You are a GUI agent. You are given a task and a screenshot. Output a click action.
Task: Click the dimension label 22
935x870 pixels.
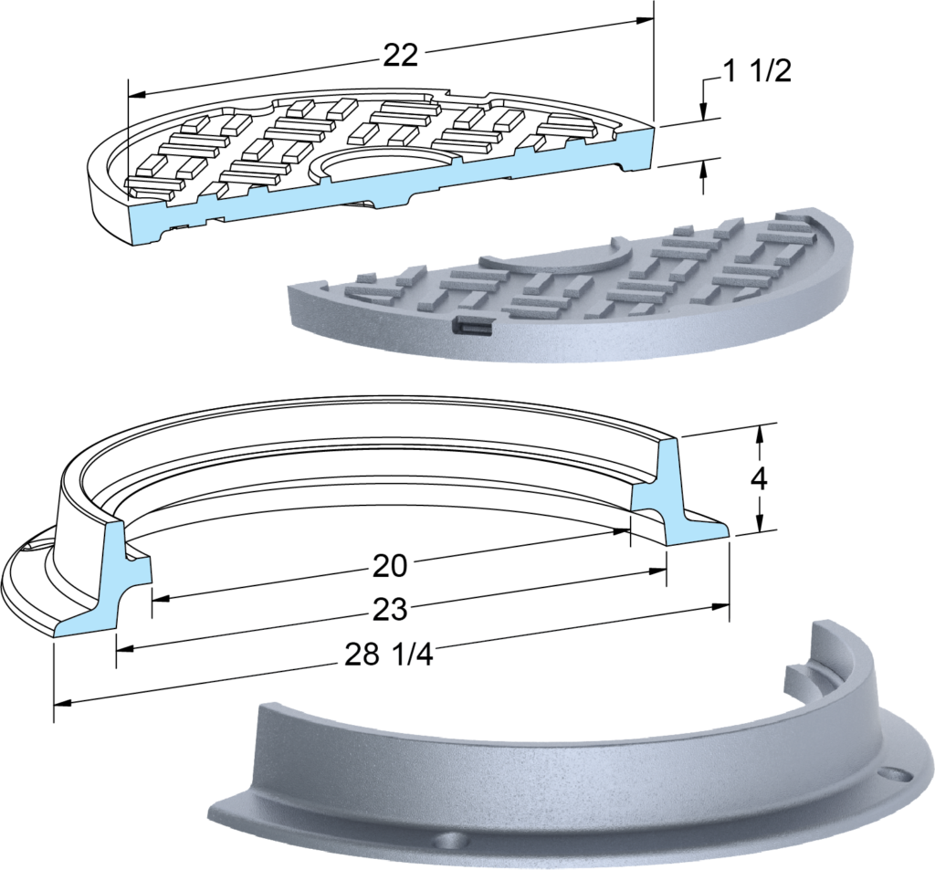pyautogui.click(x=400, y=57)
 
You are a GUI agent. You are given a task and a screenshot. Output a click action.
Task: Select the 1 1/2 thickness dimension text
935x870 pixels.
pyautogui.click(x=757, y=71)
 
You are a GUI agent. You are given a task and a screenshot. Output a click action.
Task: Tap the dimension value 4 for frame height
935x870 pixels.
pyautogui.click(x=760, y=477)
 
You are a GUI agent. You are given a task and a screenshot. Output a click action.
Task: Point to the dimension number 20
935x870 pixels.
pyautogui.click(x=389, y=565)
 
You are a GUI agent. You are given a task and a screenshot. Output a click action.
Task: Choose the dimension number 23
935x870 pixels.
pyautogui.click(x=389, y=610)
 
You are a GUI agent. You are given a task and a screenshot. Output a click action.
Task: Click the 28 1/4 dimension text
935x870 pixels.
pyautogui.click(x=389, y=655)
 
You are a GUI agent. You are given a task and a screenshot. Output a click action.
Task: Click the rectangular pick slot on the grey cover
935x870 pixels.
pyautogui.click(x=472, y=326)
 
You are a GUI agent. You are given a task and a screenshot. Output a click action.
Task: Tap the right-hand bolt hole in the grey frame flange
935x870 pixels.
pyautogui.click(x=896, y=773)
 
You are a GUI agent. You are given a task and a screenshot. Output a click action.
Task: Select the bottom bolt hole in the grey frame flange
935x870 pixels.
pyautogui.click(x=449, y=842)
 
